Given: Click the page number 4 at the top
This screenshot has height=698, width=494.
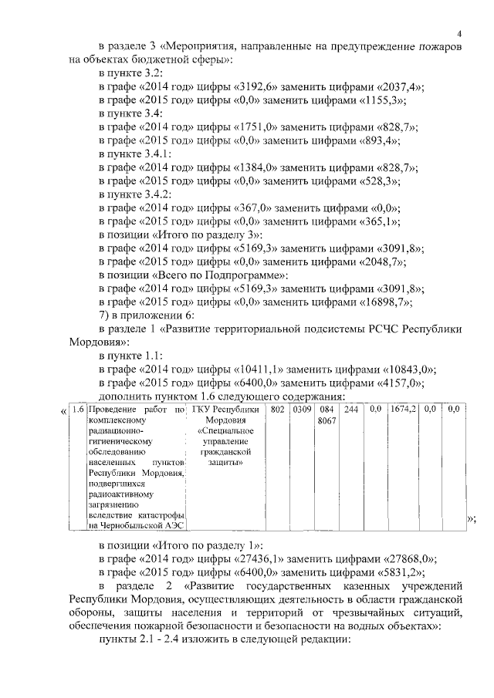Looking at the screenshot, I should pyautogui.click(x=459, y=33).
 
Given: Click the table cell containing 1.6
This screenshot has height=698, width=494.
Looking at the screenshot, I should pyautogui.click(x=77, y=410).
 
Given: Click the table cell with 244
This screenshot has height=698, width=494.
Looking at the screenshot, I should pyautogui.click(x=351, y=410).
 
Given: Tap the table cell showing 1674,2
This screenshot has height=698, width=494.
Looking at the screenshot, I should pyautogui.click(x=403, y=410).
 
